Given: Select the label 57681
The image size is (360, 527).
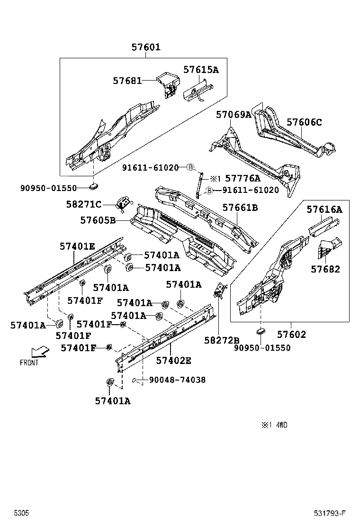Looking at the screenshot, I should (x=127, y=81).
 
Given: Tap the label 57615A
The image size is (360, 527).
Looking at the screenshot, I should (x=201, y=70).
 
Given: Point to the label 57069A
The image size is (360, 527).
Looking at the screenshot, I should (x=234, y=115).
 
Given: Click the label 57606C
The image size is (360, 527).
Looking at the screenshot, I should (x=304, y=122).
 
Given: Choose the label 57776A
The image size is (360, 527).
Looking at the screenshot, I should (x=243, y=179).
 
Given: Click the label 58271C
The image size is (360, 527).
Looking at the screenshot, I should (x=84, y=204).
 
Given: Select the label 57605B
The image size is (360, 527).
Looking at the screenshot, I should (x=98, y=220).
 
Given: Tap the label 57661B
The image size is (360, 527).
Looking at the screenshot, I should (x=240, y=208).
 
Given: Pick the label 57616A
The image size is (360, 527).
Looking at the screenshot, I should (x=324, y=209).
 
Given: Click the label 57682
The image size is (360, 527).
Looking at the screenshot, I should (x=325, y=269).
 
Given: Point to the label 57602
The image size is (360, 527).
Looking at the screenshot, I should (x=291, y=335).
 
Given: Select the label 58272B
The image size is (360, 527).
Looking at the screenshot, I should (x=222, y=340).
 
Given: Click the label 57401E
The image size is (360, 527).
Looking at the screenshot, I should (x=77, y=246).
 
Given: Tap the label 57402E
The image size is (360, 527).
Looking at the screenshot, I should (x=174, y=361).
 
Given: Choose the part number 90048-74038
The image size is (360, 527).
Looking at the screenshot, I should (x=177, y=380).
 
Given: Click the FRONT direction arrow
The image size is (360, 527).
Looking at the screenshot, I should (x=39, y=352).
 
